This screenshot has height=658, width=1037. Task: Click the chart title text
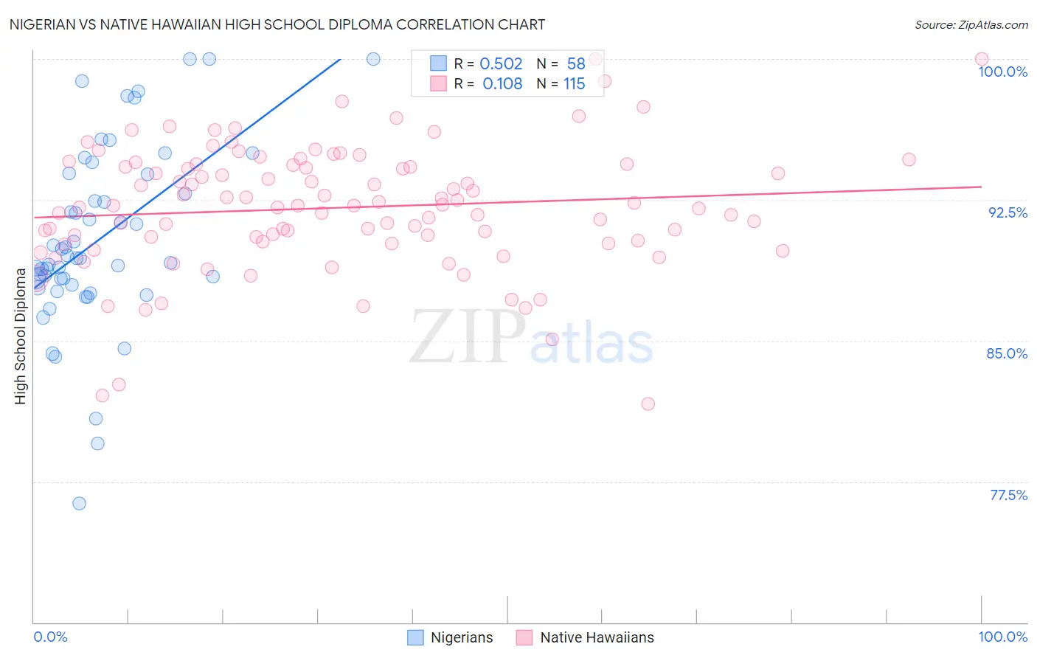click(x=277, y=24)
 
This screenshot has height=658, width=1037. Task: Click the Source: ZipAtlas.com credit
click(x=971, y=24)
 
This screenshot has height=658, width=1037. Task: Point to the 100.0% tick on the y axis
click(x=1002, y=72)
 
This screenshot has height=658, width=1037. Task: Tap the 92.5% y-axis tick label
click(x=1007, y=212)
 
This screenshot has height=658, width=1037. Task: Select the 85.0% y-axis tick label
click(x=1007, y=353)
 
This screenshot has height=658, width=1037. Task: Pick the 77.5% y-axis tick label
click(x=1008, y=495)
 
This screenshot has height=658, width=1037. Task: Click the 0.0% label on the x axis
click(x=50, y=637)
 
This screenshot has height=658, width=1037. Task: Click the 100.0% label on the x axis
click(x=1002, y=637)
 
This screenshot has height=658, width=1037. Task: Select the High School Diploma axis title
click(x=21, y=336)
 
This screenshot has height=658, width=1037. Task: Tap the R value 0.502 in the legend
click(x=501, y=64)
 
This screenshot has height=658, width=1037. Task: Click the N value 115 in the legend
click(x=574, y=84)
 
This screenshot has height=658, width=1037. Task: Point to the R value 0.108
click(x=502, y=84)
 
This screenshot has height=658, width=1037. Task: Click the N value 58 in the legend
click(x=576, y=64)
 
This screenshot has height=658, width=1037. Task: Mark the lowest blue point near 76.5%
click(x=79, y=503)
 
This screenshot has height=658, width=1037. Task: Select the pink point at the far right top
click(x=981, y=59)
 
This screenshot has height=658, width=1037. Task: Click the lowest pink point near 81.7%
click(x=648, y=404)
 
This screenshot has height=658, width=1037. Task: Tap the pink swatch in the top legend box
click(x=439, y=83)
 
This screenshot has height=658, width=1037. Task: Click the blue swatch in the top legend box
click(x=439, y=63)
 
